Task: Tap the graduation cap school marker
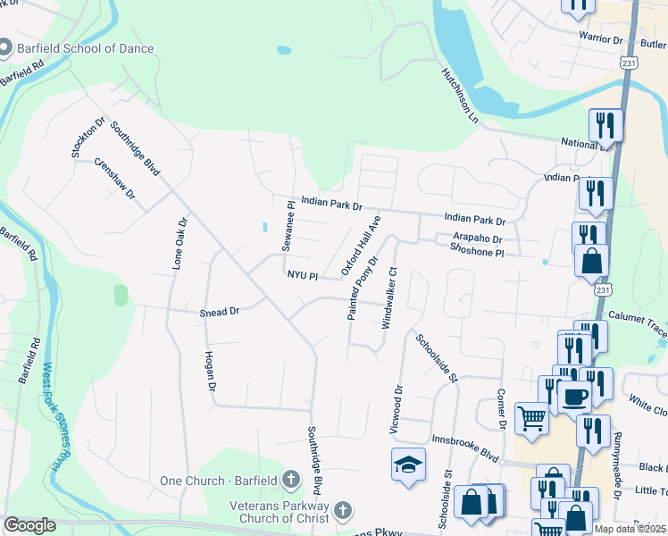coord(408,465)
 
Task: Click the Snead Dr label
coord(220,312)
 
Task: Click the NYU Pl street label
coord(302,276)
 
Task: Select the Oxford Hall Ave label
coord(361,245)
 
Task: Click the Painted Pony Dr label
coord(363,288)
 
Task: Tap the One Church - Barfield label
coord(219,481)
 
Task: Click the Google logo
coord(30,525)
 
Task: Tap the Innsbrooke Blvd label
coord(465,453)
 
